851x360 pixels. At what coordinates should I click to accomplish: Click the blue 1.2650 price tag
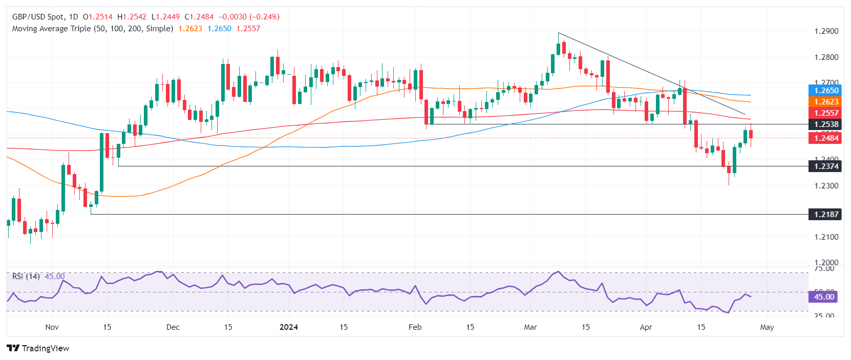[x=826, y=91]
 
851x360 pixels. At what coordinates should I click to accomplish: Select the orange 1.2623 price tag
[x=826, y=102]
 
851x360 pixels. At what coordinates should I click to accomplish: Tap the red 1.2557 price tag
[x=826, y=113]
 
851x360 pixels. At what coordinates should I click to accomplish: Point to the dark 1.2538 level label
[x=826, y=124]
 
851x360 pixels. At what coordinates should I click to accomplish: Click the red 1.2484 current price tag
[x=826, y=138]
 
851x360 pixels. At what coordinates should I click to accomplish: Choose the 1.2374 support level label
[x=826, y=166]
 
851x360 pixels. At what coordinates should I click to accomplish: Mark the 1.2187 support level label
[x=826, y=214]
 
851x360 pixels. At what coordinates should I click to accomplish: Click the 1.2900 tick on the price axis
[x=826, y=31]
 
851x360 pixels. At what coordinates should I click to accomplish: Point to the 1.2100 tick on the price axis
[x=826, y=237]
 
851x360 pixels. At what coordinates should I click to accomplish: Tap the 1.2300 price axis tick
[x=826, y=186]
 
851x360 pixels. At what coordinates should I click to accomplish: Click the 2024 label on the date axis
[x=289, y=327]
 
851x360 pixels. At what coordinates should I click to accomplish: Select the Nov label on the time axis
[x=52, y=327]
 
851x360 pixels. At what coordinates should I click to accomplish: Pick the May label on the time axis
[x=767, y=327]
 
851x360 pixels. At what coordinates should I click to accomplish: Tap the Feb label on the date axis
[x=415, y=327]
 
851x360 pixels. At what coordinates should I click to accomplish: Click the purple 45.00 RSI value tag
[x=824, y=297]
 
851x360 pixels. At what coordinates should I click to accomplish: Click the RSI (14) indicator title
[x=26, y=277]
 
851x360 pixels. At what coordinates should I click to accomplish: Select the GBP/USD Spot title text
[x=38, y=17]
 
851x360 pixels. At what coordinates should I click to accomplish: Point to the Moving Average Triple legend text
[x=92, y=29]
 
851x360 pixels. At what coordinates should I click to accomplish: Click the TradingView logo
[x=38, y=348]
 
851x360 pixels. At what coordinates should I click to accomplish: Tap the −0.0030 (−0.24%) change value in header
[x=249, y=17]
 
